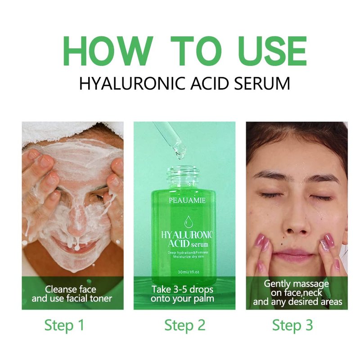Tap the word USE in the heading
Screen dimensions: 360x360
[x=272, y=51]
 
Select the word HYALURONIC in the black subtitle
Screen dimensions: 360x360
[x=132, y=83]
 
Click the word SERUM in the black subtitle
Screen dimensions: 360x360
[x=262, y=83]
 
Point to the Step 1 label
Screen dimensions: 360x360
[x=64, y=325]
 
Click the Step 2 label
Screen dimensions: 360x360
[x=185, y=325]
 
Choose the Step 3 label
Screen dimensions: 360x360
[x=292, y=325]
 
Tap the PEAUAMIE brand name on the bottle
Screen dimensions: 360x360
[x=187, y=200]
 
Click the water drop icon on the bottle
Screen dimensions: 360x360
[x=188, y=222]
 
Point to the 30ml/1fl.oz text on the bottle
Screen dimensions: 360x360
[x=189, y=272]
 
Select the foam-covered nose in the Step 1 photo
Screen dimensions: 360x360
[x=77, y=218]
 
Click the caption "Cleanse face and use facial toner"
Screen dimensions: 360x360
[x=72, y=294]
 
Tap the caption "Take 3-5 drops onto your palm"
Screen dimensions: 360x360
[x=182, y=294]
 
